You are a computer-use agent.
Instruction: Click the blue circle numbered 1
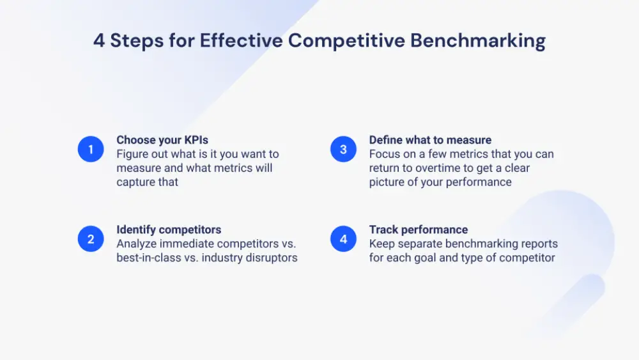(91, 150)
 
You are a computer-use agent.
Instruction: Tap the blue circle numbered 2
(91, 239)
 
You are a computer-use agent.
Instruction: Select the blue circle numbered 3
(343, 150)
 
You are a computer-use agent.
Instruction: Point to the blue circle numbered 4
(343, 239)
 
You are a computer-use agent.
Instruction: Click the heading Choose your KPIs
(162, 140)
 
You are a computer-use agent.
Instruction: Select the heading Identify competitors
(169, 230)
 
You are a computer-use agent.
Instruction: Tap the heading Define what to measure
(430, 140)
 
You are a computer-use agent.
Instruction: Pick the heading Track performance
(419, 230)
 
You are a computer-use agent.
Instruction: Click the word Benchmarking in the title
(478, 40)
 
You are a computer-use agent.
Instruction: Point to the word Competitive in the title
(346, 40)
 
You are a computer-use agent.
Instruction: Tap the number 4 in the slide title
(99, 40)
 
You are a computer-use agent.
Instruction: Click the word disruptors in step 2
(271, 258)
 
